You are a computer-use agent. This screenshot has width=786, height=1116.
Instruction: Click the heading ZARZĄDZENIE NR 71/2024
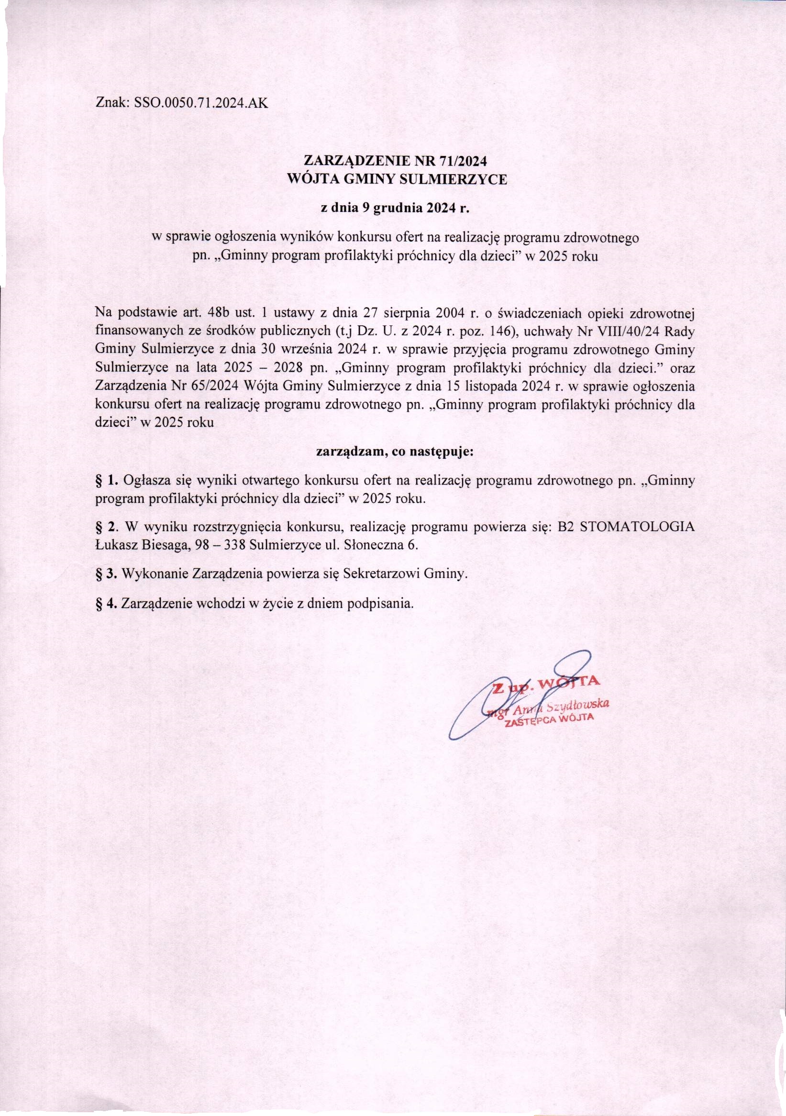click(x=395, y=160)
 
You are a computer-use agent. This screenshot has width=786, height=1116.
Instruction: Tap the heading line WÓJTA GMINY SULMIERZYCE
click(x=397, y=179)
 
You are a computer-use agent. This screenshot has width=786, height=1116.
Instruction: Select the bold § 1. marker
click(x=108, y=481)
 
